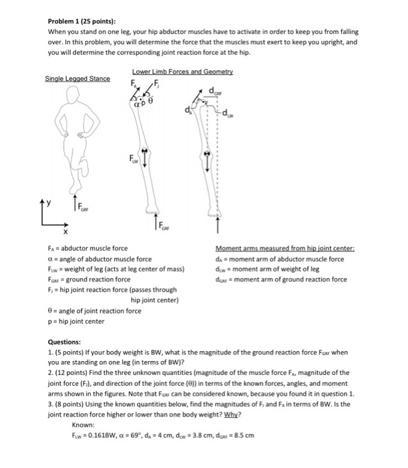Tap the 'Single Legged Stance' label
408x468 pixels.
[x=77, y=79]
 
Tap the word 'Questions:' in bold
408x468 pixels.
[x=67, y=341]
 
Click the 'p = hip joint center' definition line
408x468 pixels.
[x=77, y=321]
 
